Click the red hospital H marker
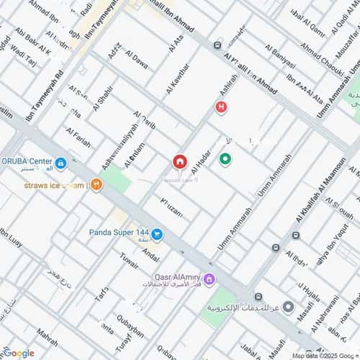click(x=221, y=107)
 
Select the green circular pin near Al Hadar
click(x=225, y=160)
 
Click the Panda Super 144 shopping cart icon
click(x=157, y=234)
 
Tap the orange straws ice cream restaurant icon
click(x=96, y=185)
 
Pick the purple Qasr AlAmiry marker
click(x=209, y=279)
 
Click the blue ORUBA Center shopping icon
click(x=61, y=164)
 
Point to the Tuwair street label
click(x=128, y=260)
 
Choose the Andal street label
click(x=151, y=254)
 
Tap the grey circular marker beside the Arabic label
click(x=288, y=308)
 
